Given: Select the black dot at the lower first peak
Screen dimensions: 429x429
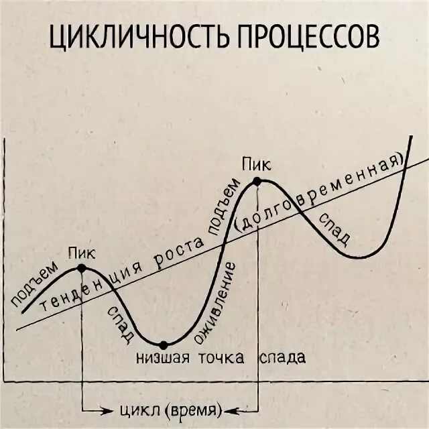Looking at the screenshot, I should coord(82,268).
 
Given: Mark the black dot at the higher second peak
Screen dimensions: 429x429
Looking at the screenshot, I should coord(257,180).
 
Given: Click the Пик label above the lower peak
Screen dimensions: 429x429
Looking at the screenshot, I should coord(81,253).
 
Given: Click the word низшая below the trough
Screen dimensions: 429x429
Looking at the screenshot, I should coord(164,357).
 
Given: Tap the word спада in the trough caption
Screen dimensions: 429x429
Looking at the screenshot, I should coord(282,357).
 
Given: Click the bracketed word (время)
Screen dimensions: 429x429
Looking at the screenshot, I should coord(194,410).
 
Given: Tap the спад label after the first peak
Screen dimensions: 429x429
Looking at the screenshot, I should coord(121,322).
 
